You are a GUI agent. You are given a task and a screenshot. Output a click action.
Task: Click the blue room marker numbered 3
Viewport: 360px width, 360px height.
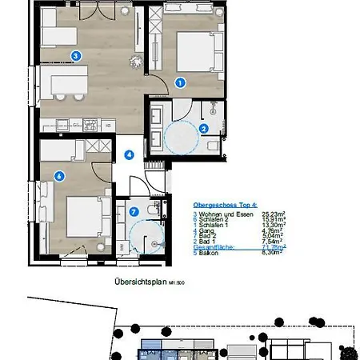click(75, 55)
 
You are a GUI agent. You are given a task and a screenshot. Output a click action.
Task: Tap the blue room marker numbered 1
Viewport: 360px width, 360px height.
click(180, 82)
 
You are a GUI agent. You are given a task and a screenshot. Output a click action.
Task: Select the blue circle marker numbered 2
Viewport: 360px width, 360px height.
click(204, 128)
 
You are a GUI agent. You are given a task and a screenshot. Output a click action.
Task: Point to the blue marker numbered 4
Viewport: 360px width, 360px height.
click(128, 155)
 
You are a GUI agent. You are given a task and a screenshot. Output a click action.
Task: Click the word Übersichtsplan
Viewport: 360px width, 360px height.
click(138, 282)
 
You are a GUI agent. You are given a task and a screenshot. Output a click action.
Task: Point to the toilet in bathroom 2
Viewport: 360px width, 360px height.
click(210, 145)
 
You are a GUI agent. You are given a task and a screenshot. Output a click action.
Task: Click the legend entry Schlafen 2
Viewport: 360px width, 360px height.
click(218, 220)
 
